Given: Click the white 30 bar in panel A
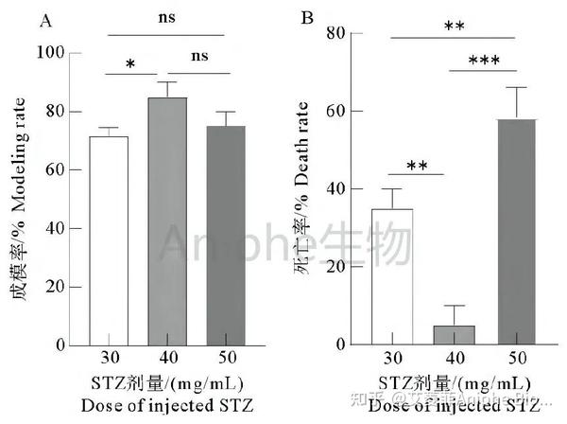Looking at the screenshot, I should [108, 241].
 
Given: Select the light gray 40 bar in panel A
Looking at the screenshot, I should [167, 221].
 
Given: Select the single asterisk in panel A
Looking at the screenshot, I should [129, 64].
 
